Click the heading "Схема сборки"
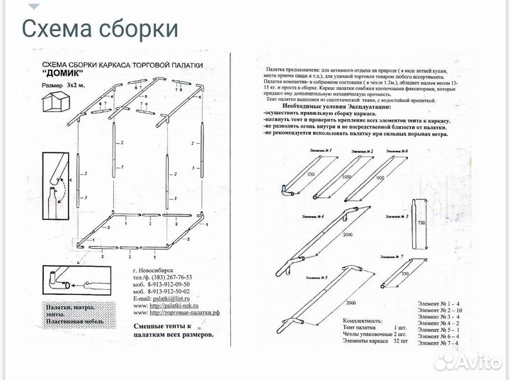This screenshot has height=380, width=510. point(99,28)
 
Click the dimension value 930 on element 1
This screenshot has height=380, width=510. point(291,174)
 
